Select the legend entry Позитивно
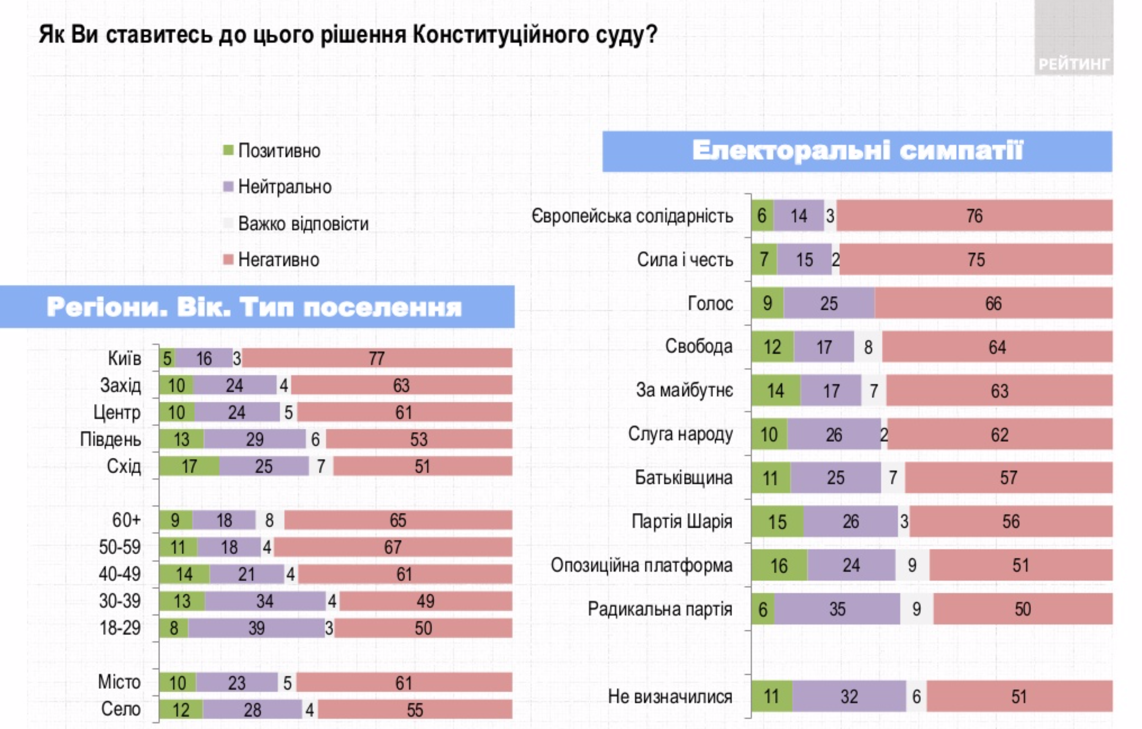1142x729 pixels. (x=279, y=151)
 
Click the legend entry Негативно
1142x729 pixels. (x=278, y=260)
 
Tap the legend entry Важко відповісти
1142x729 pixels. (x=303, y=224)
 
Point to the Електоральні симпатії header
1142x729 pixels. (x=857, y=151)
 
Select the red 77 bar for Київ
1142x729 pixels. (x=377, y=359)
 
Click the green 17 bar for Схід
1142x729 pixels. (x=189, y=466)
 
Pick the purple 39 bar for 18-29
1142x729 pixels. (x=256, y=629)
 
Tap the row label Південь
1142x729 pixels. (x=111, y=440)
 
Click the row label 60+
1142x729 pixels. (x=126, y=520)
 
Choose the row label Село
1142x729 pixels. (x=121, y=709)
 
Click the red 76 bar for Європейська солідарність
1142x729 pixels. (x=974, y=216)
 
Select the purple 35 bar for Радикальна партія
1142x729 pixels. (x=837, y=609)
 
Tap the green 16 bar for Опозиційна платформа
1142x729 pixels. (x=779, y=565)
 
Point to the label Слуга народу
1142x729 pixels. (x=680, y=434)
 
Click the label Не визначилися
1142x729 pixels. (x=670, y=697)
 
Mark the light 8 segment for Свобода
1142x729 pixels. (x=868, y=348)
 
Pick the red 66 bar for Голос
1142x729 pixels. (x=993, y=304)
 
